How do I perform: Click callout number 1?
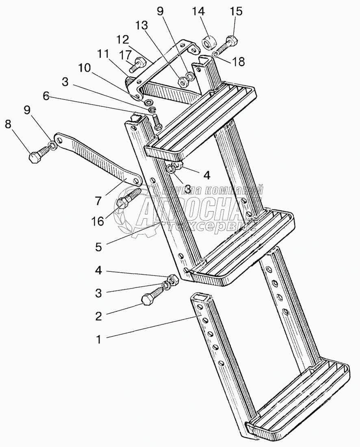[x=98, y=338]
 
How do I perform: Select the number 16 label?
[x=98, y=221]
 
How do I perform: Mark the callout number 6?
[x=46, y=96]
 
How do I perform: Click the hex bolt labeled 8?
[x=36, y=156]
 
